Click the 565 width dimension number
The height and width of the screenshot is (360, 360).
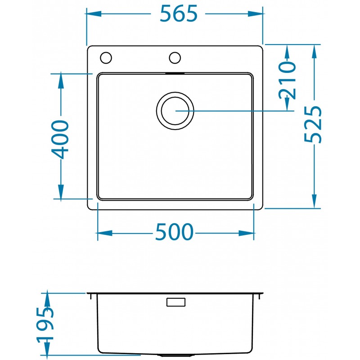(x=179, y=14)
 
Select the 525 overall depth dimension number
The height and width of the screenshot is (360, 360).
(x=313, y=124)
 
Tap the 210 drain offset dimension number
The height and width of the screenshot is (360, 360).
(x=287, y=80)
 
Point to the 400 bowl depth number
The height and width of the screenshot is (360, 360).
(x=60, y=139)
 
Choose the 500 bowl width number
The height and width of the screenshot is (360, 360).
(x=174, y=232)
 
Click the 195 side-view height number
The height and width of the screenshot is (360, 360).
(x=45, y=325)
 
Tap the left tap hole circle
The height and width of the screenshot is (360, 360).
(x=106, y=58)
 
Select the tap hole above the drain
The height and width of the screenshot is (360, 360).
(x=175, y=58)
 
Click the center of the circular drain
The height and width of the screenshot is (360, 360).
(x=175, y=111)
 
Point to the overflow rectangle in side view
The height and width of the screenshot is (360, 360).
(x=176, y=302)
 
